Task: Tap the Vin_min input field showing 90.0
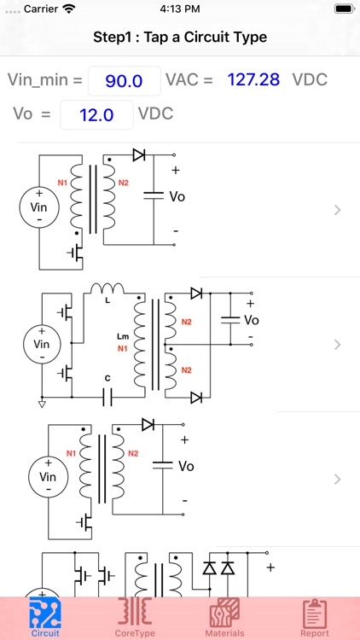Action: coord(124,80)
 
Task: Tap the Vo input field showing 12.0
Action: coord(96,114)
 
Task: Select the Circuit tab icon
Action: coord(45,614)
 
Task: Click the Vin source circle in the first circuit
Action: coord(39,207)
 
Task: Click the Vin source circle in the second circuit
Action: coord(42,343)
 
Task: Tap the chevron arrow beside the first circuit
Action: coord(338,210)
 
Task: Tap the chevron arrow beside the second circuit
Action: coord(338,345)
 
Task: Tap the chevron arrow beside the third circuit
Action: coord(338,479)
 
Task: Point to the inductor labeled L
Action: coord(107,289)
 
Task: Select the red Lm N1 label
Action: coord(122,342)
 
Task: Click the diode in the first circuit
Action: coord(138,155)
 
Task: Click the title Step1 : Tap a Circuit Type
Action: coord(180,38)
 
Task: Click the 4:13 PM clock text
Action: coord(180,8)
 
